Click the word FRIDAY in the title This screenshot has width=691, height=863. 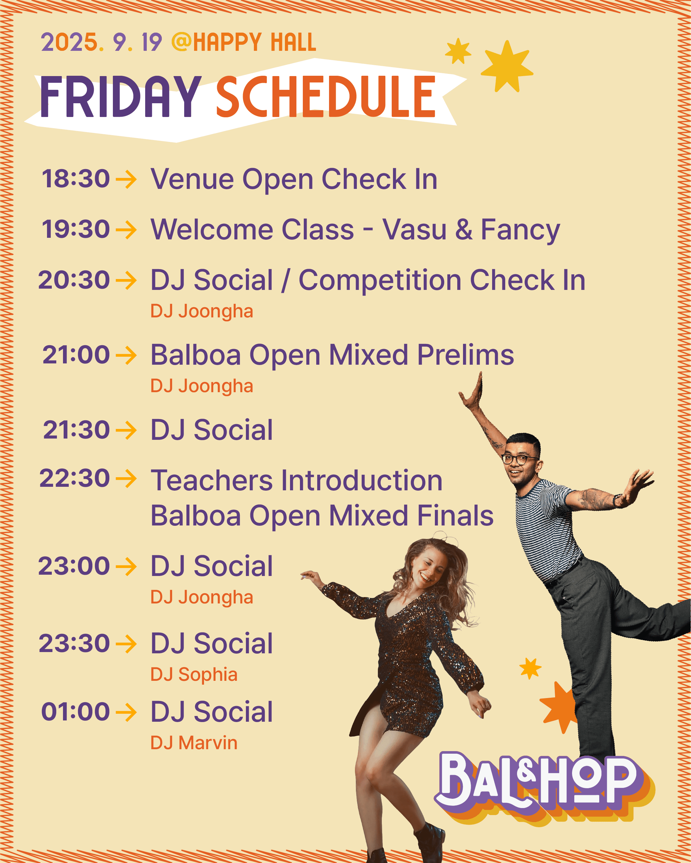click(120, 97)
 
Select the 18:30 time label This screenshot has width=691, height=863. click(76, 179)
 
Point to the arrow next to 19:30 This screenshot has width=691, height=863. click(126, 230)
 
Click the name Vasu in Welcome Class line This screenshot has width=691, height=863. click(414, 230)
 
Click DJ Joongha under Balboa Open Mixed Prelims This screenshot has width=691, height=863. click(201, 386)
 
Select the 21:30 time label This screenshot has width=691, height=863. click(76, 430)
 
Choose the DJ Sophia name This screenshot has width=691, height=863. click(194, 674)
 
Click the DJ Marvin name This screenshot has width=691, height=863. click(194, 743)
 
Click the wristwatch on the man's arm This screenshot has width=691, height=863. click(617, 500)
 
